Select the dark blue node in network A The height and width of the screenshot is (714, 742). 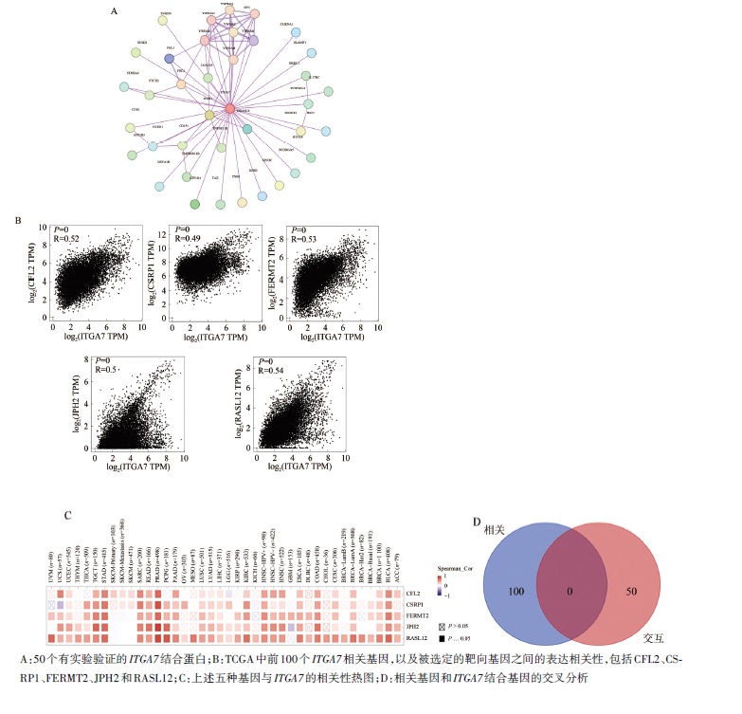[170, 59]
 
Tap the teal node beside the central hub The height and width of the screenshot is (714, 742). [247, 128]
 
